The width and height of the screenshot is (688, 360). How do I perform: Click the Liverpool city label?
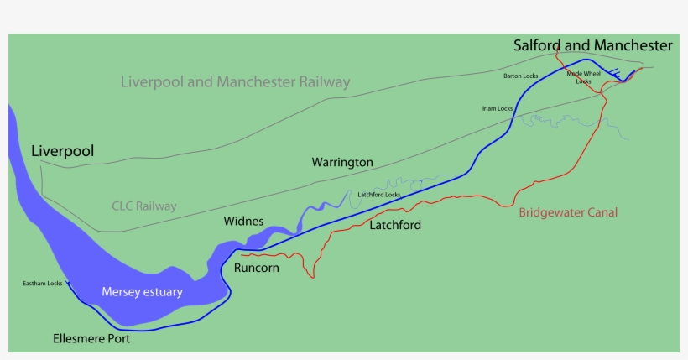click(62, 152)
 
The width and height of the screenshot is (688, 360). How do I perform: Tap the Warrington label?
click(342, 162)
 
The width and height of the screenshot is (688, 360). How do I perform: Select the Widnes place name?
click(243, 222)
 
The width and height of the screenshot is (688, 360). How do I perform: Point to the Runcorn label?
click(257, 269)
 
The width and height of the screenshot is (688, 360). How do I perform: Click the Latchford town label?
click(395, 225)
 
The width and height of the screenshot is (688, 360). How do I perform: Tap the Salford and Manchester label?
click(592, 45)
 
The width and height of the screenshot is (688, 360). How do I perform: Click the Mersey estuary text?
click(142, 292)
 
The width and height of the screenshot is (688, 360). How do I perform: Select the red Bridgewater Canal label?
click(568, 213)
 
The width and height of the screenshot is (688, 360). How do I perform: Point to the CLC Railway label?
click(144, 206)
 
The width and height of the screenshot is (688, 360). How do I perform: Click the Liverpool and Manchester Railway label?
click(235, 82)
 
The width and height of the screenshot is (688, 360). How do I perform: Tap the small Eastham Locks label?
click(43, 284)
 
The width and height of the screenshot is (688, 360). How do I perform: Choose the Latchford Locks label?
click(379, 195)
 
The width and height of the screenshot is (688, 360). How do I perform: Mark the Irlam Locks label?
click(498, 108)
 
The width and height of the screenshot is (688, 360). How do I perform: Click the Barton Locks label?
click(520, 76)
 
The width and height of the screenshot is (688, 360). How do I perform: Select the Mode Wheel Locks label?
click(584, 77)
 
